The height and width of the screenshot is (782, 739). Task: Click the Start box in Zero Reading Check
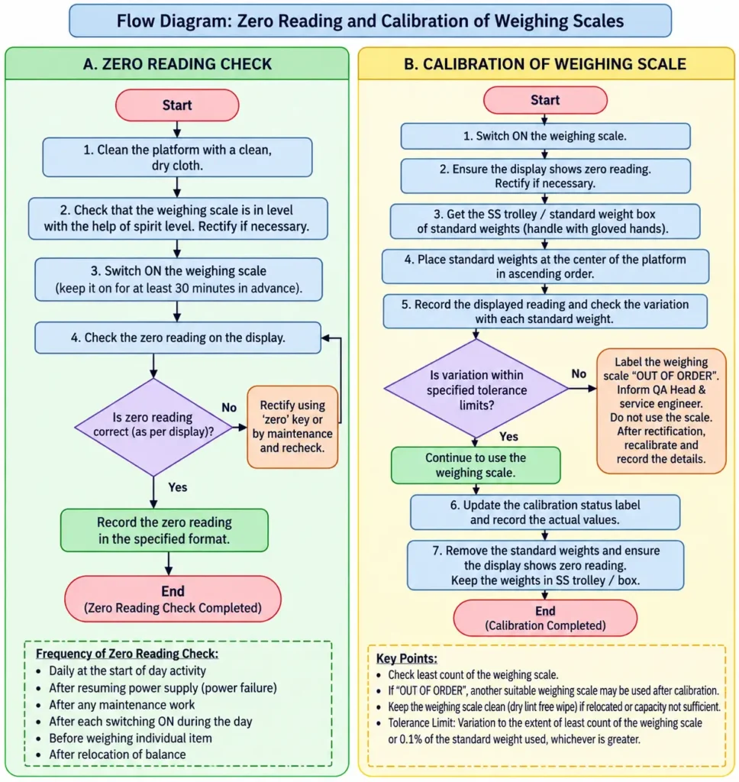(177, 105)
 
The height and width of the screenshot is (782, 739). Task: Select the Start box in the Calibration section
(545, 100)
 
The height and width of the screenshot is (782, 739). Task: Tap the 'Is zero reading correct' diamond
(153, 427)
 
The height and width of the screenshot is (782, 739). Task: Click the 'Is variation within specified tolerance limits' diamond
(476, 389)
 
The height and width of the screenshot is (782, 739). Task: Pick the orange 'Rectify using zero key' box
(292, 426)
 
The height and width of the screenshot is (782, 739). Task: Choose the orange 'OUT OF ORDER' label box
(661, 410)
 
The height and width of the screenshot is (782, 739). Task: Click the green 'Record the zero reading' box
(164, 530)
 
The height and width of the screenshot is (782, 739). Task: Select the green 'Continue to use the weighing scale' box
(476, 465)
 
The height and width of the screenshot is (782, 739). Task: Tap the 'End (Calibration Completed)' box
(545, 618)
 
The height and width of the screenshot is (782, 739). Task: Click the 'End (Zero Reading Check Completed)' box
(173, 599)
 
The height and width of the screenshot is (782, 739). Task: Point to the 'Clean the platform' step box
(178, 157)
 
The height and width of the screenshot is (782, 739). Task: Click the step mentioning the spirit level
(178, 218)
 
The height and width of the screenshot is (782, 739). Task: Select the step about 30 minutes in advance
(179, 280)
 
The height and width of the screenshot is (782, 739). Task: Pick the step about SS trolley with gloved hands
(545, 221)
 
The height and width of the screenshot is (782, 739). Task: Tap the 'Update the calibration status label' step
(545, 512)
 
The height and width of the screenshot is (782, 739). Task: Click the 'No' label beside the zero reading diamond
(229, 408)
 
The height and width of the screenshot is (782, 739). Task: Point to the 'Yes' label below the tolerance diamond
(508, 436)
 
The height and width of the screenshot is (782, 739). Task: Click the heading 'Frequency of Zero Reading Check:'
(127, 654)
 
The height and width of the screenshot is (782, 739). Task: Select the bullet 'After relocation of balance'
(117, 755)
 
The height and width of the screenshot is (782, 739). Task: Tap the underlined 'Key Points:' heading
(406, 658)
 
